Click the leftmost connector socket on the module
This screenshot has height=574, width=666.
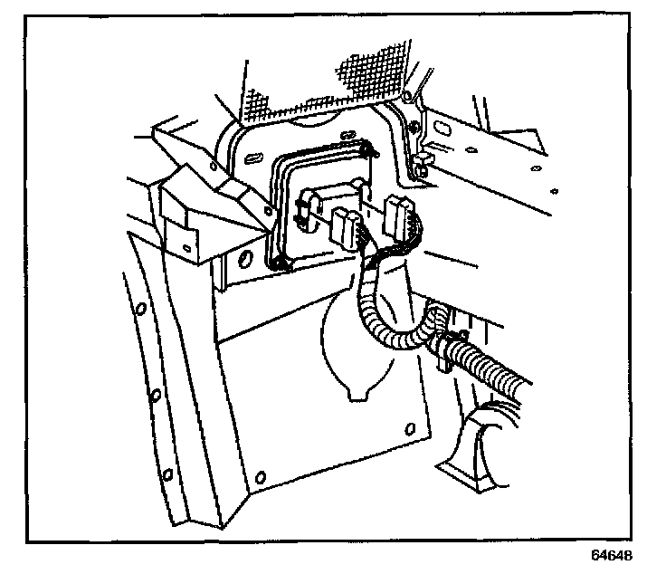[305, 207]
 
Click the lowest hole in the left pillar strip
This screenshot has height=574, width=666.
[168, 474]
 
